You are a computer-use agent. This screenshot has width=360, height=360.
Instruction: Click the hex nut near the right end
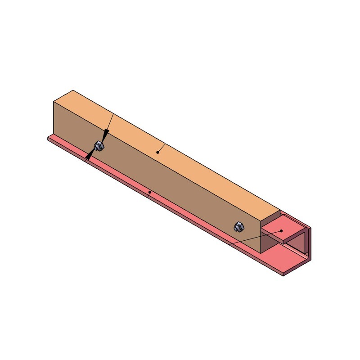coord(239,227)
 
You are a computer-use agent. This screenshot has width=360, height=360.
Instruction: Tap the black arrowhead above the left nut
coord(105,136)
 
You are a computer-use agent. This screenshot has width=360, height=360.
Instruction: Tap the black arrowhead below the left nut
coord(90,155)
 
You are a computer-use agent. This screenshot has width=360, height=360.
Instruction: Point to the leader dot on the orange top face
coord(157,152)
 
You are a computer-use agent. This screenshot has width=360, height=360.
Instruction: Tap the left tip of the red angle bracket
coord(48,138)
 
